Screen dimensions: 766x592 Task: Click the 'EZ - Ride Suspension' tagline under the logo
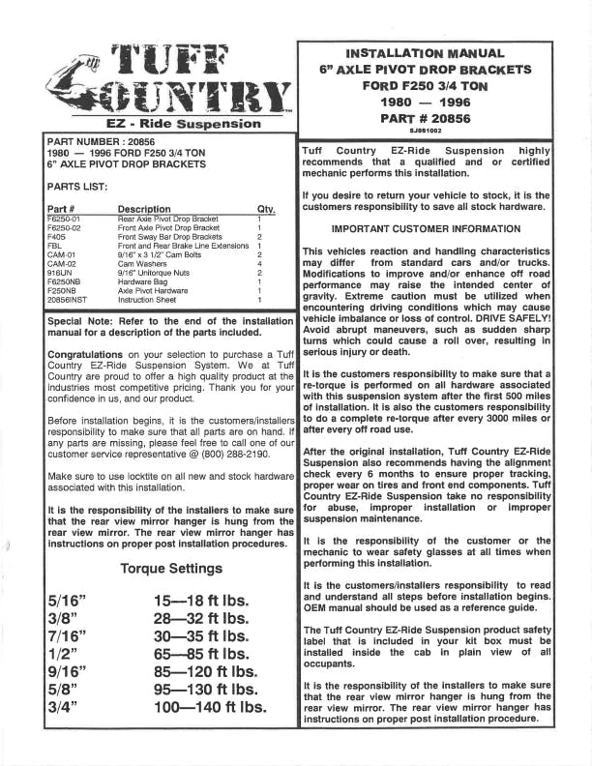(x=170, y=124)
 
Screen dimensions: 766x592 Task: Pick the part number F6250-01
(x=65, y=220)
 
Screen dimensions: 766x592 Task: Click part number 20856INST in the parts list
(x=69, y=300)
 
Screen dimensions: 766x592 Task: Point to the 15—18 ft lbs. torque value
(x=201, y=602)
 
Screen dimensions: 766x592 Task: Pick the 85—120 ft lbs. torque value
(x=205, y=672)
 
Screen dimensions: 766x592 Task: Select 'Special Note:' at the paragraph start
(x=79, y=321)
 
